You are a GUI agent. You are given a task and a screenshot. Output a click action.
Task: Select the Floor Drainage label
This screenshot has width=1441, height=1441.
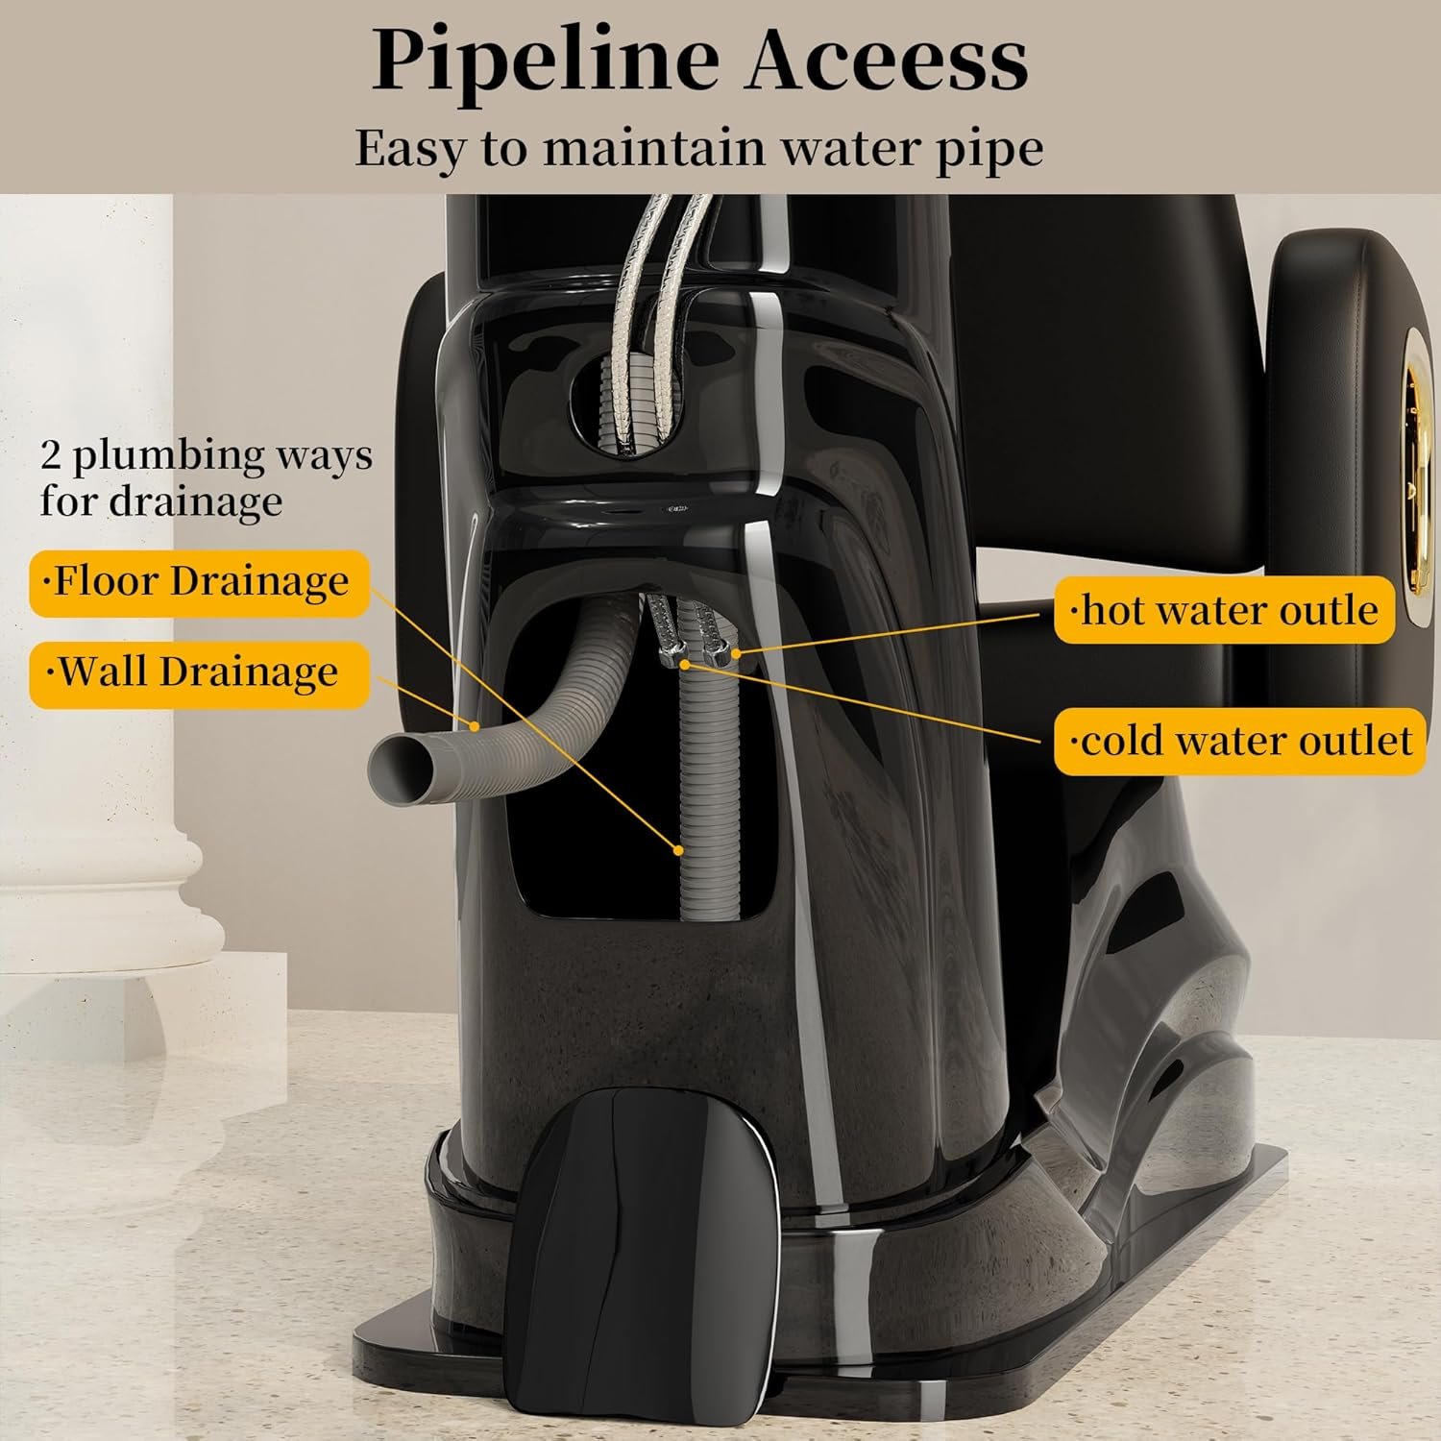tap(200, 582)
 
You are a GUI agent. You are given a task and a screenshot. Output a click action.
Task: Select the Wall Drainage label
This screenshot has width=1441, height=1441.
tap(198, 672)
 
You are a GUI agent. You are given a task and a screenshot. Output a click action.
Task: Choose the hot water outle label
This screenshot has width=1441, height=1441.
tap(1224, 610)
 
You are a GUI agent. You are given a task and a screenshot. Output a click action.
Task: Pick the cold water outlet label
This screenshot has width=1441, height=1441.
tap(1239, 741)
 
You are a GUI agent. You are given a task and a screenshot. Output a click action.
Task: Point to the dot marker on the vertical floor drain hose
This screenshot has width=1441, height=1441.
tap(679, 850)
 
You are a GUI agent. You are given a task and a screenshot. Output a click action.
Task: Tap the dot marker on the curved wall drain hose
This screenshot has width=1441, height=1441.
tap(475, 725)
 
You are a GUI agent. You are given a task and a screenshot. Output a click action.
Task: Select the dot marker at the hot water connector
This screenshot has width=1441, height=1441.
tap(735, 652)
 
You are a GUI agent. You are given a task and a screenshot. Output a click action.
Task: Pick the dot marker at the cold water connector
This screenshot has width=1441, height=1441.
tap(684, 662)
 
